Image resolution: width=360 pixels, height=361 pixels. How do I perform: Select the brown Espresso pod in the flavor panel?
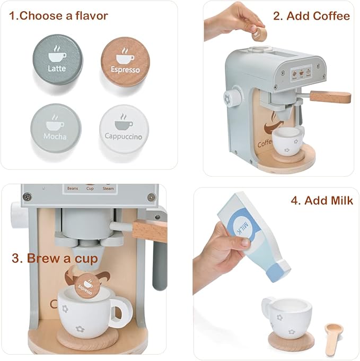click(125, 61)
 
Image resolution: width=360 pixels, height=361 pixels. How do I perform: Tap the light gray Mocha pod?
click(56, 127)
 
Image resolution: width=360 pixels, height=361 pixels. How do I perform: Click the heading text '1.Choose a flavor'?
click(63, 15)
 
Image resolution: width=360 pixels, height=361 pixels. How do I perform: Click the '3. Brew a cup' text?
click(55, 259)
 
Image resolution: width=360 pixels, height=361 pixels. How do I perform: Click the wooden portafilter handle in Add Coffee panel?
click(330, 97)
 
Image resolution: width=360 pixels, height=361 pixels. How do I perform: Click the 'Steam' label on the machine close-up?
click(108, 188)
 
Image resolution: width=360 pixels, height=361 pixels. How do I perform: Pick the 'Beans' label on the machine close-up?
click(73, 188)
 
